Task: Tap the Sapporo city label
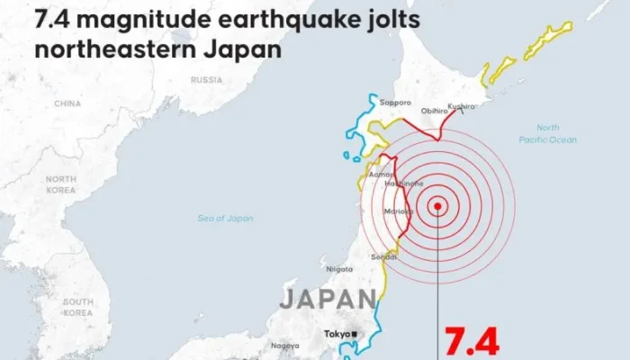(395, 102)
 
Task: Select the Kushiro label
(461, 106)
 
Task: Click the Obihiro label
(435, 111)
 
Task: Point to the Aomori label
(381, 174)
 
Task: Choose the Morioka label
(397, 211)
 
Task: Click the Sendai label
(383, 257)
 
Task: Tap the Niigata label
(338, 269)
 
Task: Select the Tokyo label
(337, 335)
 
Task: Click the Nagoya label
(284, 346)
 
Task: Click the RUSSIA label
(206, 79)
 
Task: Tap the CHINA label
(67, 103)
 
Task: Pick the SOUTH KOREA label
(79, 307)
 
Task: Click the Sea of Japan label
(226, 218)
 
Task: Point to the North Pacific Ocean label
(547, 134)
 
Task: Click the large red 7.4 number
(471, 343)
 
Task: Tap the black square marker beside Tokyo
(354, 335)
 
